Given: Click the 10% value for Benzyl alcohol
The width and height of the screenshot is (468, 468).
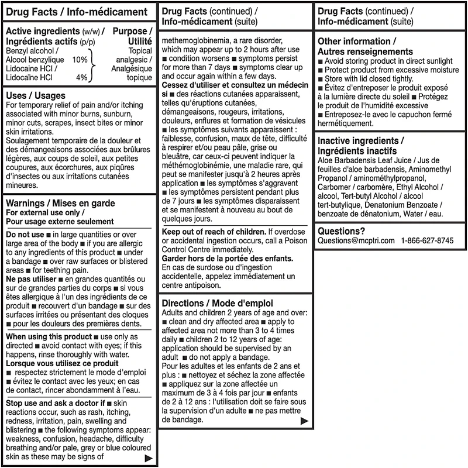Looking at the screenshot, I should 80,60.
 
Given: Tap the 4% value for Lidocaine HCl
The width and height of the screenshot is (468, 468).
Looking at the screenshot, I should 81,77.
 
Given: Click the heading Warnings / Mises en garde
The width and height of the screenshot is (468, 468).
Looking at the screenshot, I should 60,203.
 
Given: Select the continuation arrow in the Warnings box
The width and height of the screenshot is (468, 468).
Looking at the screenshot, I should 149,459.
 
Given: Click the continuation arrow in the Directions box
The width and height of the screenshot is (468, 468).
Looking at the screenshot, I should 304,421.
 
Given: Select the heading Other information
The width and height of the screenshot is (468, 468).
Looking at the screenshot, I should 356,42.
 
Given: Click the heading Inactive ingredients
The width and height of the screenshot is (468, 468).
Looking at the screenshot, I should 360,141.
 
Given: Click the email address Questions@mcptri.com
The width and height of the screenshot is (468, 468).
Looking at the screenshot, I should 356,240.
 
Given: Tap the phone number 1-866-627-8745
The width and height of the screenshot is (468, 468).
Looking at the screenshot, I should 427,240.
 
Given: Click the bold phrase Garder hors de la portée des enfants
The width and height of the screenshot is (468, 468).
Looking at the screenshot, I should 228,259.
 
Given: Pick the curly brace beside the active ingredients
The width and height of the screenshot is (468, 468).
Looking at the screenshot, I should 92,64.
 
